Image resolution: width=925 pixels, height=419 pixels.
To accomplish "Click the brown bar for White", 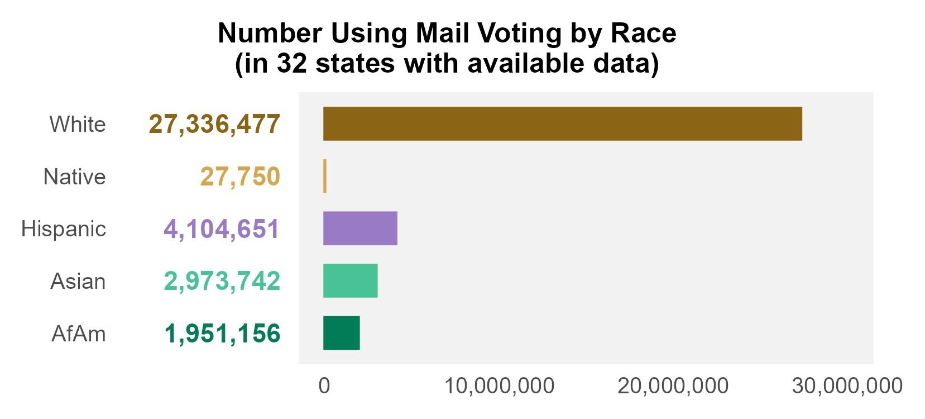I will point(562,123).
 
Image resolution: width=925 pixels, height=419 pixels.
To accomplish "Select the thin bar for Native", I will point(325,176).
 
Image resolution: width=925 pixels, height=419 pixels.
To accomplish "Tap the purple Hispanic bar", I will point(360,228).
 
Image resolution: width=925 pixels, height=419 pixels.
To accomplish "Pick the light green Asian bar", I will point(350,280).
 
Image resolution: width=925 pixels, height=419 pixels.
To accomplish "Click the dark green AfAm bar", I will point(341,333).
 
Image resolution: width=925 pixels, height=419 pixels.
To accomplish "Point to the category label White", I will point(78,124).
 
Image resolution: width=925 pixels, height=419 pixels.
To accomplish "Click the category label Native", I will point(75,177).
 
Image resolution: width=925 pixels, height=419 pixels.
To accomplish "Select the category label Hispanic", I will point(64,228).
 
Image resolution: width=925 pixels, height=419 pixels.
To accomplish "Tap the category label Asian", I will point(78,281).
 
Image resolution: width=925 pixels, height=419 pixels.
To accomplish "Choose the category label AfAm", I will point(79,334).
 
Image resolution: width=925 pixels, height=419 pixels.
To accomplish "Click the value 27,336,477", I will point(214,124).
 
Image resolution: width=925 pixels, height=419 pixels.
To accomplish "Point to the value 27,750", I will point(240,177).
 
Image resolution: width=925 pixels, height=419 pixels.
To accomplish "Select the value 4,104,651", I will point(222,228).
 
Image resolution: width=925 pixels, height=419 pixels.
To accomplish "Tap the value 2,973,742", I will point(222,281).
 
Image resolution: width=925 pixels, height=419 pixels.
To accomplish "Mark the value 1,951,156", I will point(222,334).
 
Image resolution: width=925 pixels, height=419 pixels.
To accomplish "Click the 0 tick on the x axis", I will point(324,385).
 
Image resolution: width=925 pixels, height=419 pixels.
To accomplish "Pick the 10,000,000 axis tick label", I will point(499,385).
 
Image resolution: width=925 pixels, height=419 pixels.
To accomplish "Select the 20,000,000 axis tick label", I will point(673,385).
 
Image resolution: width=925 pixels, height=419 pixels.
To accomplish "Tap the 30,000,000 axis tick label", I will point(847,385).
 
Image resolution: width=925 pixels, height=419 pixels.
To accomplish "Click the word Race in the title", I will point(644,34).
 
